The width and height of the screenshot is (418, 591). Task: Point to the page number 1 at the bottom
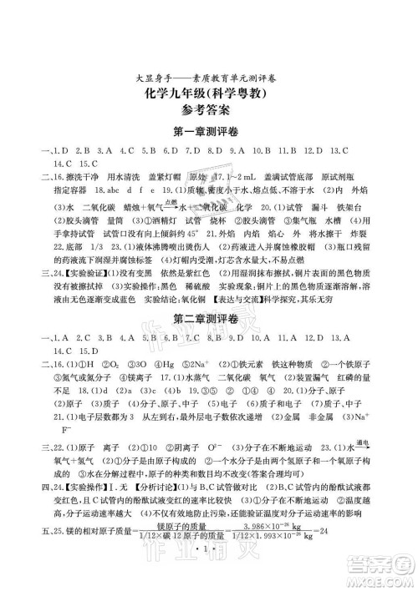209,556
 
